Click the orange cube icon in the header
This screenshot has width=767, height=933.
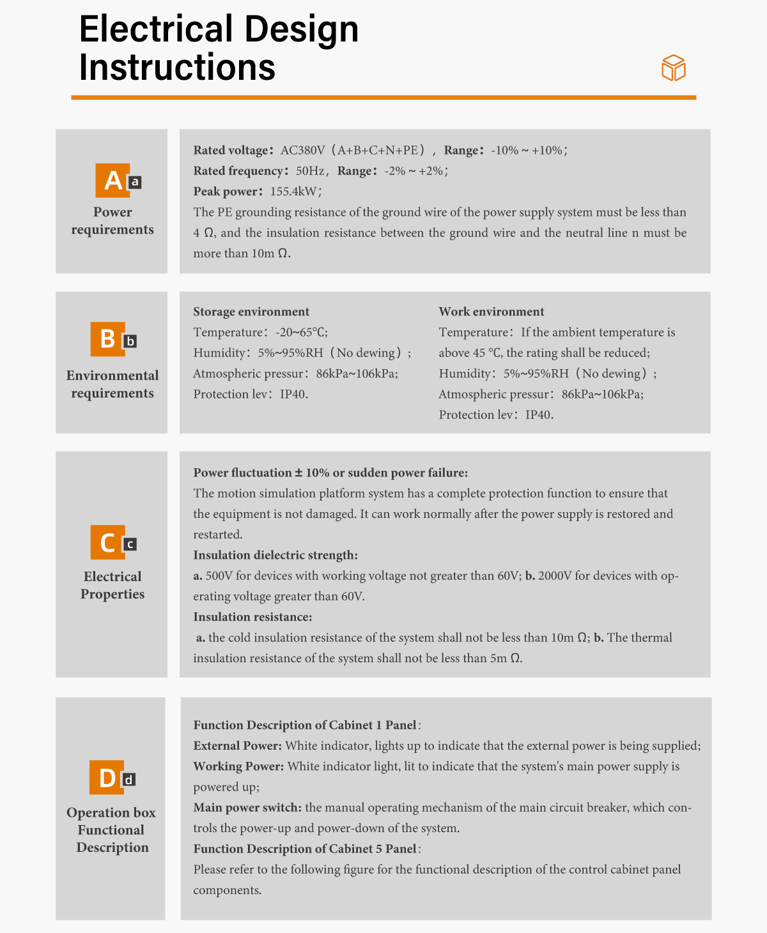tap(673, 68)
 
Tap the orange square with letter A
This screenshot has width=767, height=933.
tap(112, 180)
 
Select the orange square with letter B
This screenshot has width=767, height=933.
tap(107, 338)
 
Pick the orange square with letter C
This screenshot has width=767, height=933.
tap(107, 543)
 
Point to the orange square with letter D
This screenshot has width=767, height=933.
tap(107, 777)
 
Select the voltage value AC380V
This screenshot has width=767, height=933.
tap(302, 151)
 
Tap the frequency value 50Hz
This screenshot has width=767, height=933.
tap(311, 171)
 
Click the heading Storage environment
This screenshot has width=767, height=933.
tap(251, 312)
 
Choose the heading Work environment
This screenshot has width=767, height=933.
tap(491, 312)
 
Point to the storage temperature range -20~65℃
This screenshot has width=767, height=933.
tap(301, 332)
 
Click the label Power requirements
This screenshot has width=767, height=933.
tap(112, 221)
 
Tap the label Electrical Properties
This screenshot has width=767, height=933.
tap(112, 585)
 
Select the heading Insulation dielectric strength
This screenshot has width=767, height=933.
tap(275, 555)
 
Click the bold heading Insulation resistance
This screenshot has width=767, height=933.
tap(252, 617)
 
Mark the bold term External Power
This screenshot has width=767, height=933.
tap(237, 746)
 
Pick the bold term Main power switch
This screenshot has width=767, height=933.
tap(247, 807)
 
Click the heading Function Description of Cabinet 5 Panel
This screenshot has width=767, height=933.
tap(306, 849)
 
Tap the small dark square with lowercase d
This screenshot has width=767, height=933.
tap(129, 780)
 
